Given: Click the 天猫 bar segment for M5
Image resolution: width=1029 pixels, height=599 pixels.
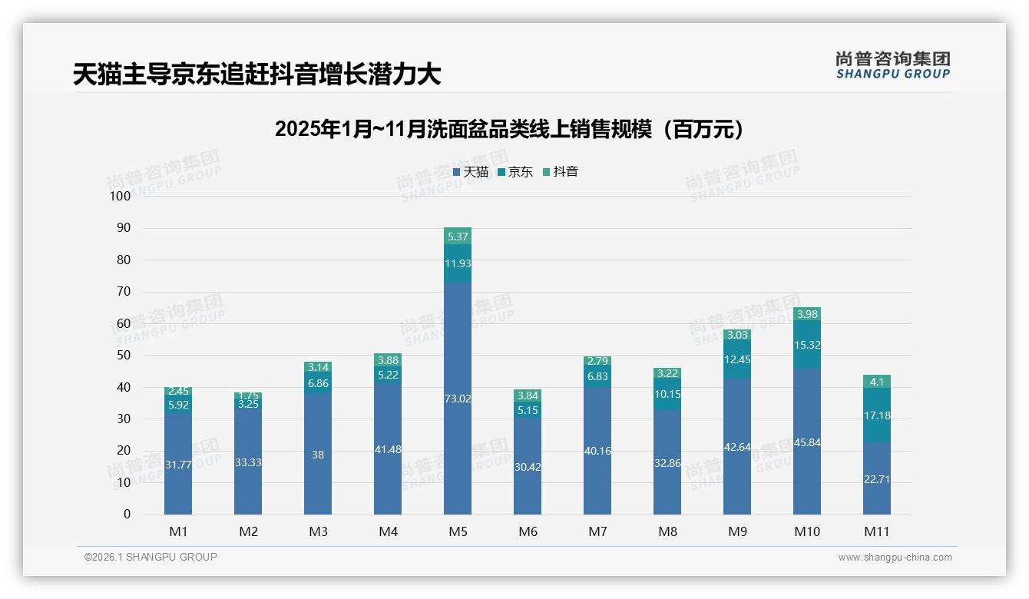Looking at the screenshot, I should pyautogui.click(x=458, y=399).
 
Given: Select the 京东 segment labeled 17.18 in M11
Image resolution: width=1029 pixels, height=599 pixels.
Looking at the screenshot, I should pyautogui.click(x=876, y=415).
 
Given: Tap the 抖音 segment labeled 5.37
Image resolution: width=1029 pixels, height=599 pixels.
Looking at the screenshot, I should pyautogui.click(x=458, y=237).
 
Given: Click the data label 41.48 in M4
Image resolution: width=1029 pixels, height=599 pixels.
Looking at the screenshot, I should pyautogui.click(x=388, y=449).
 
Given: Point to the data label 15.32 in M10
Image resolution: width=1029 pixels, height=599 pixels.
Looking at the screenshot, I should pyautogui.click(x=807, y=345).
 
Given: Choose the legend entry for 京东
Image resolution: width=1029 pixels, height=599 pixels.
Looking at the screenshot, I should pyautogui.click(x=514, y=172).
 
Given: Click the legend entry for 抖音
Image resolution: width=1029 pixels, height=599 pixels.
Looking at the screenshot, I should pyautogui.click(x=560, y=172).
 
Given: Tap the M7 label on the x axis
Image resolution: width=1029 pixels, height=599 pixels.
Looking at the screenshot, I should pyautogui.click(x=597, y=531).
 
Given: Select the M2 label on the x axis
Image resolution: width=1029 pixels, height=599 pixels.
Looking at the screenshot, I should pyautogui.click(x=248, y=531).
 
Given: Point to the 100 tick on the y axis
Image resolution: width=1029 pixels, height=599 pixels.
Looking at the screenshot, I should pyautogui.click(x=121, y=196).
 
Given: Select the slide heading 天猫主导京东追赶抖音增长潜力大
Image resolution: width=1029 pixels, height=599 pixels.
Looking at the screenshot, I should pyautogui.click(x=256, y=74).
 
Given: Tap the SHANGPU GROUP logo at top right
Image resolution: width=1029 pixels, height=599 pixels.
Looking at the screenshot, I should pyautogui.click(x=892, y=65).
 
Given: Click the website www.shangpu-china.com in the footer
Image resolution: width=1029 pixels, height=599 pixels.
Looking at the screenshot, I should pyautogui.click(x=895, y=558).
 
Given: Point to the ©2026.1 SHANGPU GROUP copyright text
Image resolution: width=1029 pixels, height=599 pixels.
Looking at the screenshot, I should pyautogui.click(x=151, y=557).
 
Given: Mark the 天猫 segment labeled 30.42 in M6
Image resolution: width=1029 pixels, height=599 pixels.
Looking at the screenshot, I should pyautogui.click(x=528, y=466).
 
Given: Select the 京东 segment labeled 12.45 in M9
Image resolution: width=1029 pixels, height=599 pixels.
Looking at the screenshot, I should pyautogui.click(x=737, y=359).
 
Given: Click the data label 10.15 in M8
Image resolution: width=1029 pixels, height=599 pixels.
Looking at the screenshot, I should pyautogui.click(x=667, y=395).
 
